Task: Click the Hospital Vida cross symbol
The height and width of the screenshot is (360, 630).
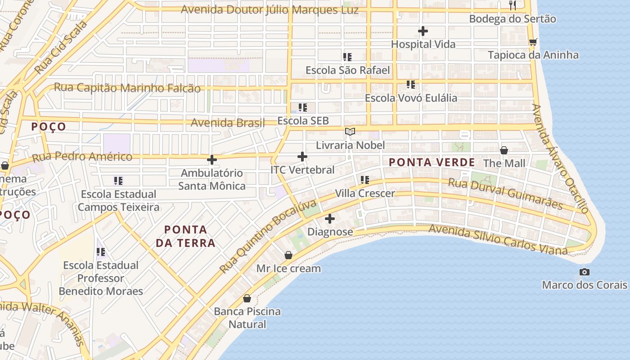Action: (x=423, y=31)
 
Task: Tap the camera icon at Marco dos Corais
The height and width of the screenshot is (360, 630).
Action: (x=584, y=272)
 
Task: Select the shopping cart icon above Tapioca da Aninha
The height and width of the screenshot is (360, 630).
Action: (x=533, y=42)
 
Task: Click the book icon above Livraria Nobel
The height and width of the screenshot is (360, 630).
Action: (x=350, y=131)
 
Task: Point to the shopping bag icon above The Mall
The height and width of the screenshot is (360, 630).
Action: (x=504, y=150)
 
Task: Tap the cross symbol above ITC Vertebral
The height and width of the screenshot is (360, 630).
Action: (x=302, y=157)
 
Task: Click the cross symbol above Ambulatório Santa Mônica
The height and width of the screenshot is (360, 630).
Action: (x=211, y=159)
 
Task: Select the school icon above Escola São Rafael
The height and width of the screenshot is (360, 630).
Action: (x=347, y=57)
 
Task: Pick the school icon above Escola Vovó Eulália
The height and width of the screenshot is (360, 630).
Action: (x=410, y=85)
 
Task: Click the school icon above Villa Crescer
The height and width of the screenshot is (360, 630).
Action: (x=364, y=180)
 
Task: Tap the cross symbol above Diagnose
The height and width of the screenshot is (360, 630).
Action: (x=330, y=219)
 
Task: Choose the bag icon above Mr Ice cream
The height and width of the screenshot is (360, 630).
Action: (x=288, y=255)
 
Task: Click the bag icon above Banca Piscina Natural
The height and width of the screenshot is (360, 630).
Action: (x=247, y=298)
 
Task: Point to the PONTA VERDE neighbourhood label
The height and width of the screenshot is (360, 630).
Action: (x=432, y=162)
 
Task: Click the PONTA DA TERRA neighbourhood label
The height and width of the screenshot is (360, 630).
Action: (x=185, y=236)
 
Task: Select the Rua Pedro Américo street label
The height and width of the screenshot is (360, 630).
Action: (x=82, y=157)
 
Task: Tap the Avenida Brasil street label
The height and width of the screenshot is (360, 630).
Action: (x=228, y=122)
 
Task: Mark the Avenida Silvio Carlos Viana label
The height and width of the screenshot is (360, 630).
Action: (x=498, y=238)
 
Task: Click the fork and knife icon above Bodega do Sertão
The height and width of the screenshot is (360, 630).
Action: (x=512, y=5)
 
